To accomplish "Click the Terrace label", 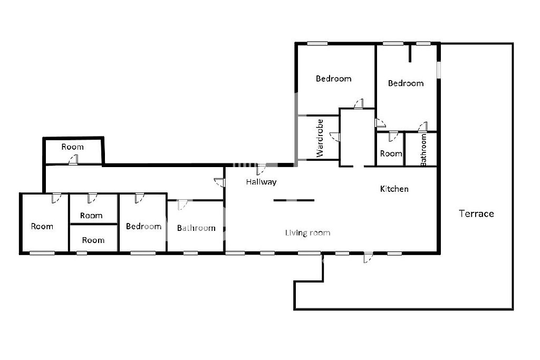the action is pos(476,213).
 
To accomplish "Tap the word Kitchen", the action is pos(394,189).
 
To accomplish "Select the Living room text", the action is pos(307,233).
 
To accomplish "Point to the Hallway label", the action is pos(261,182).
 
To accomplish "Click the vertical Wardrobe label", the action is pos(320,138).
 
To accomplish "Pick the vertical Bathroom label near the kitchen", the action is pos(423,150).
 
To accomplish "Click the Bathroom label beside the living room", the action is pos(196,228).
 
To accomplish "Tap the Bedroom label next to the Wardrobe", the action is pos(333,79).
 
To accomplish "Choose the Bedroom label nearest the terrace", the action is pos(406,83).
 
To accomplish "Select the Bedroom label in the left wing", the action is pos(143,226).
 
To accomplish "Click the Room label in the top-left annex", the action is pos(72,147).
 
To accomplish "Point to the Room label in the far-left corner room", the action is pos(42,226).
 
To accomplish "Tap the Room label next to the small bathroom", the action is pos(391,153).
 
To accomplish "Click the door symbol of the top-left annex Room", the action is pos(73,160).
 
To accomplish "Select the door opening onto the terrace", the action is pos(368,257).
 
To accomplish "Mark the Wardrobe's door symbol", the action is pos(335,137).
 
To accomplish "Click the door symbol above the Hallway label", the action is pos(261,169).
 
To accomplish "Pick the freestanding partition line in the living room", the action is pos(294,200).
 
